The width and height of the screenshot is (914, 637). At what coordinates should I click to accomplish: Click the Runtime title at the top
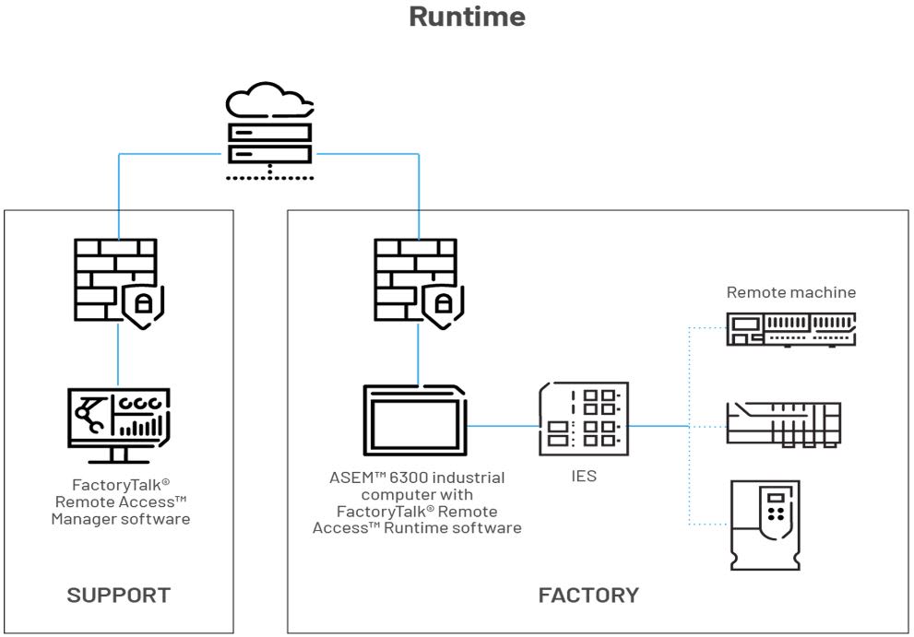pyautogui.click(x=467, y=17)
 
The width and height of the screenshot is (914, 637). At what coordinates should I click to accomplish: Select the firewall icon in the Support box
pyautogui.click(x=114, y=280)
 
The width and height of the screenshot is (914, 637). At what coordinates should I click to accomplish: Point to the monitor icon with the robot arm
pyautogui.click(x=119, y=425)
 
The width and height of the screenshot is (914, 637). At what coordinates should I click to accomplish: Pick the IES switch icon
pyautogui.click(x=584, y=419)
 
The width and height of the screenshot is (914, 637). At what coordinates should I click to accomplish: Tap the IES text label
pyautogui.click(x=583, y=478)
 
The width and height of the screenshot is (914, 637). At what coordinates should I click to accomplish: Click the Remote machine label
pyautogui.click(x=791, y=292)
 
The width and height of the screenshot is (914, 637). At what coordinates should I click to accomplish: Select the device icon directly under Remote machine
pyautogui.click(x=791, y=329)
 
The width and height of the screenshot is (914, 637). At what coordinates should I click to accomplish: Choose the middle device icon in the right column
pyautogui.click(x=784, y=424)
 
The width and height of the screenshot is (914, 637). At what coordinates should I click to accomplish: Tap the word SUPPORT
pyautogui.click(x=119, y=595)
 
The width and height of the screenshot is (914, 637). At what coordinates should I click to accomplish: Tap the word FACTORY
pyautogui.click(x=588, y=595)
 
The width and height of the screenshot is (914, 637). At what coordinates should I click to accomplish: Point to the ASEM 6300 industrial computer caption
pyautogui.click(x=418, y=502)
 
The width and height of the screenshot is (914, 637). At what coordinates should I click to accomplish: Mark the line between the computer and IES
pyautogui.click(x=503, y=426)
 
